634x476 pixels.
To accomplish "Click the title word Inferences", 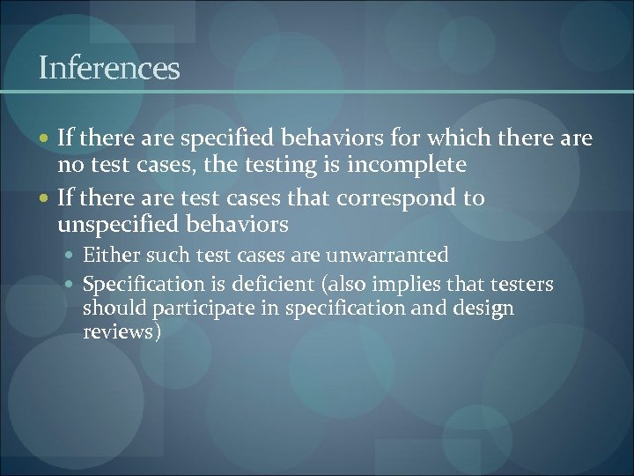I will pos(109,69).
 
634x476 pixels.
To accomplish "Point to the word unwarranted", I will pos(387,256).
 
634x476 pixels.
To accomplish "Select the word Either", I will pos(108,256).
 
